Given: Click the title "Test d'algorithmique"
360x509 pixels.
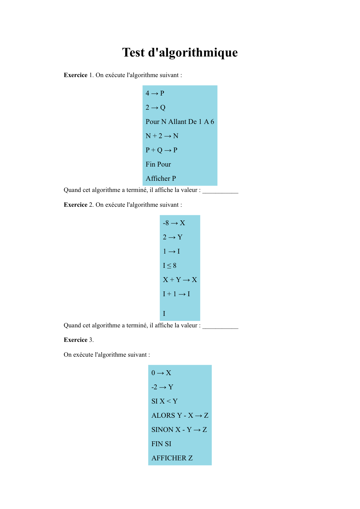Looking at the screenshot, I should click(180, 52).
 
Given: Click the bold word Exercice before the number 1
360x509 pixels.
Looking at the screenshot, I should click(75, 75).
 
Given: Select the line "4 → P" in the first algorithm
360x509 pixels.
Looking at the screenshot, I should click(155, 93).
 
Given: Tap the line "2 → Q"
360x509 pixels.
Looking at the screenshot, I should click(155, 107).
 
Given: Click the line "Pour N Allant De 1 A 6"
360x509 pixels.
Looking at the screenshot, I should click(180, 122).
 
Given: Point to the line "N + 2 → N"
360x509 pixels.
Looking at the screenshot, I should click(162, 136).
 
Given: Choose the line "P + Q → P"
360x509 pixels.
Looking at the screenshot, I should click(161, 150).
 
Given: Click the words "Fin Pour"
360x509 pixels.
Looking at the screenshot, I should click(158, 164).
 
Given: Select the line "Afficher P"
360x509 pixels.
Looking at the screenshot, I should click(161, 178).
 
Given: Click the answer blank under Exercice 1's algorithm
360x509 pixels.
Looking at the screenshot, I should click(220, 190).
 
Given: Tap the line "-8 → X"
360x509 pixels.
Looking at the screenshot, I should click(174, 223).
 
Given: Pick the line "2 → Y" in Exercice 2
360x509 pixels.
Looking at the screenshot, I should click(173, 237).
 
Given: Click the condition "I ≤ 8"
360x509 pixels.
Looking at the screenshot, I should click(169, 265).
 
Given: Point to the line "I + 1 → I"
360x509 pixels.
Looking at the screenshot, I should click(176, 294).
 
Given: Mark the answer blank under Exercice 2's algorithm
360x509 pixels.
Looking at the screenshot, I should click(220, 326).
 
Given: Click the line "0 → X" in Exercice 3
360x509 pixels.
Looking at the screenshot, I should click(161, 373).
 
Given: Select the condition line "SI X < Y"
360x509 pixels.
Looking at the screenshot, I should click(165, 401).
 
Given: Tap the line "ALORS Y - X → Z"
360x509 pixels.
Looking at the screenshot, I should click(180, 415).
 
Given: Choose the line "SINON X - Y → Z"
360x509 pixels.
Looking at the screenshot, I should click(179, 430).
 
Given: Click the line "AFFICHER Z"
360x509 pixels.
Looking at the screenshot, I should click(172, 458).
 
